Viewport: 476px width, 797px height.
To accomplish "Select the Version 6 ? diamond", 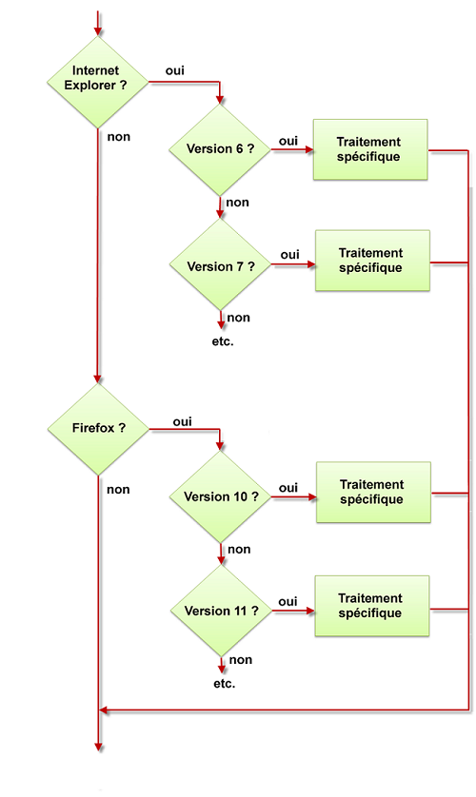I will (220, 149).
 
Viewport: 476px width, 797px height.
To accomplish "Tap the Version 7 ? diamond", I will (220, 266).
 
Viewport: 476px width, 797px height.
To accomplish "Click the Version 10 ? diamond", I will (220, 496).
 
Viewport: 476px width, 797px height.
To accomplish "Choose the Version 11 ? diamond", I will (220, 611).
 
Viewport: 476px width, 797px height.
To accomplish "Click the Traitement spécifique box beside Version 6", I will (369, 149).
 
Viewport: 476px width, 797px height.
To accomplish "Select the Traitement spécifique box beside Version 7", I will (371, 261).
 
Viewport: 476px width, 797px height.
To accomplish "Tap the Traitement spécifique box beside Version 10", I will (372, 493).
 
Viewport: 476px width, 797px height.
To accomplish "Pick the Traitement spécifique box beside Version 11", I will (370, 606).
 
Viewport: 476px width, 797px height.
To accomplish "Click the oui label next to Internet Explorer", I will (175, 71).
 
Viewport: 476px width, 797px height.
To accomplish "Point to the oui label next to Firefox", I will (183, 420).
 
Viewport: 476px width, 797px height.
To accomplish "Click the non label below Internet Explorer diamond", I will (119, 136).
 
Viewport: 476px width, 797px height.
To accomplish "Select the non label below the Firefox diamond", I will (119, 490).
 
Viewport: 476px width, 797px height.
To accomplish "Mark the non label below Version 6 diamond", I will (238, 203).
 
